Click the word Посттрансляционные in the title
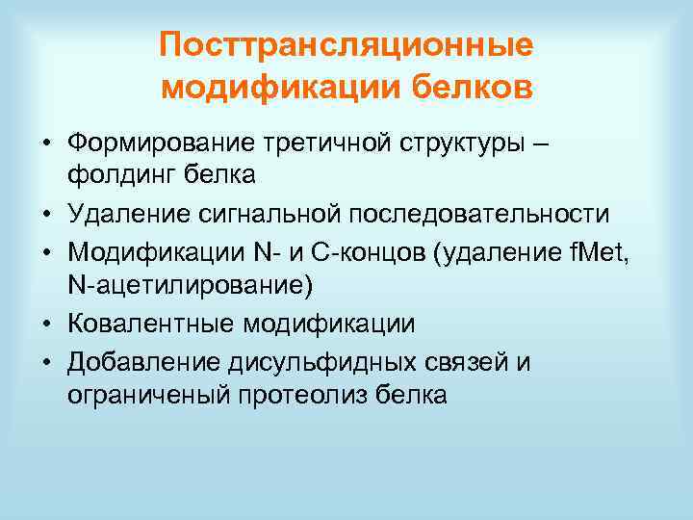(346, 46)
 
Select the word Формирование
(159, 144)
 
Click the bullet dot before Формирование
(45, 145)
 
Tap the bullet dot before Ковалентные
(45, 325)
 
